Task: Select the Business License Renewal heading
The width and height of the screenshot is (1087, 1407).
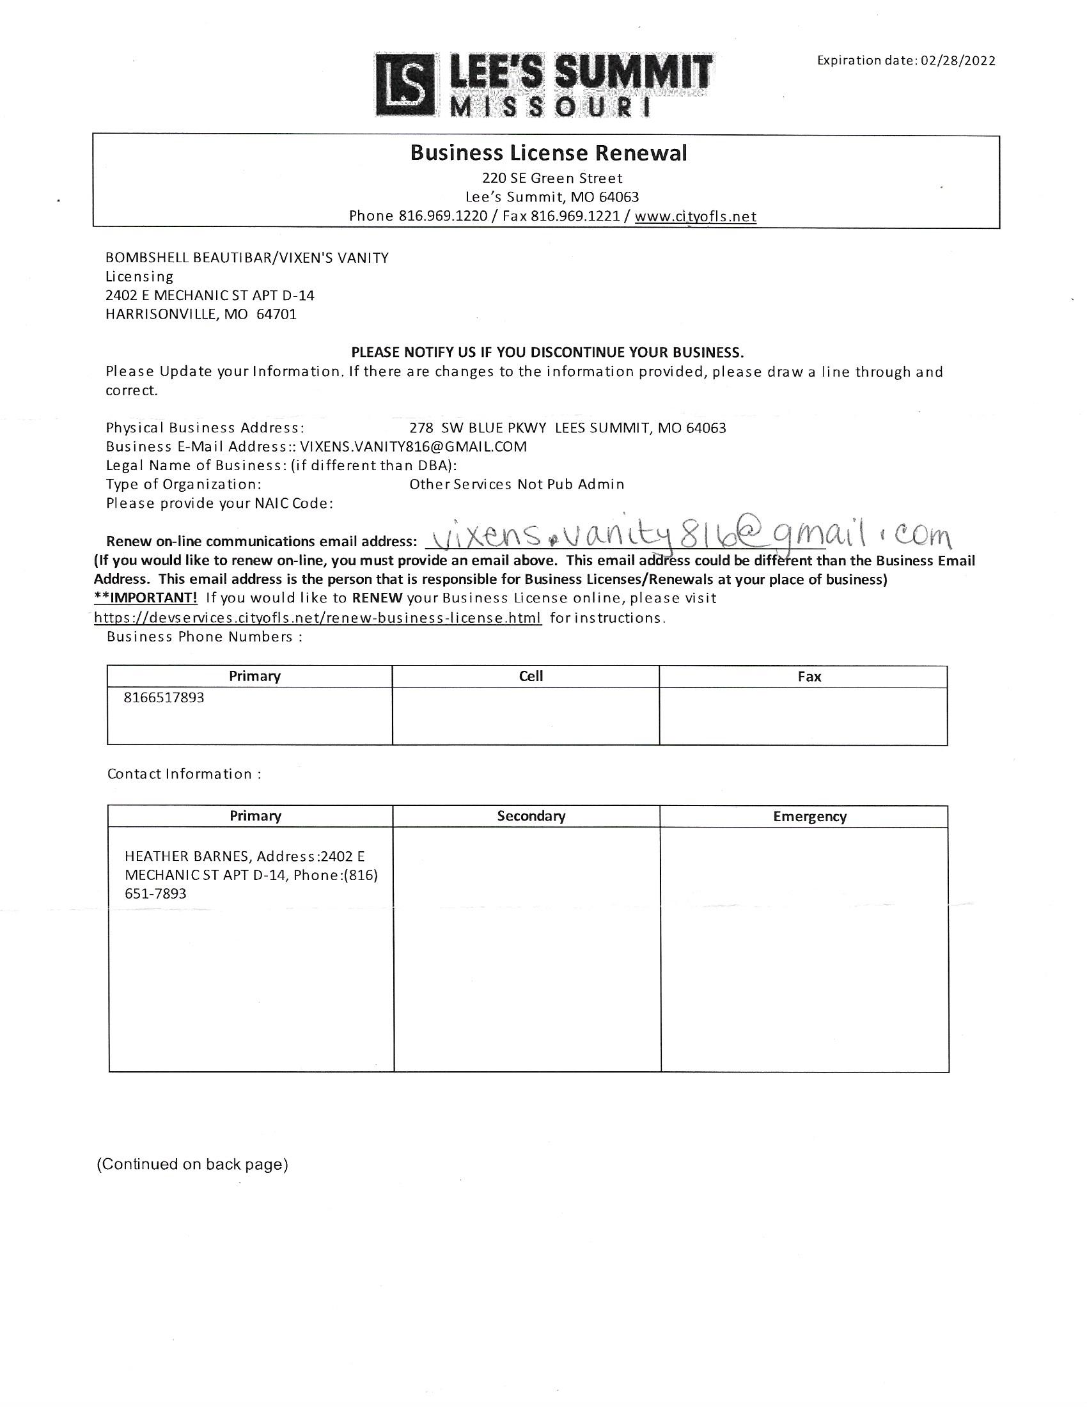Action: point(549,153)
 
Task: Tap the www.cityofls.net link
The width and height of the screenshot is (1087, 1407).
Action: point(696,216)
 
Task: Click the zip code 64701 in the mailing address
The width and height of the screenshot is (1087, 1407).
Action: point(276,315)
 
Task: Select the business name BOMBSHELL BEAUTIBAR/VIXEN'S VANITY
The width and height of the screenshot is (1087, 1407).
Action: point(247,258)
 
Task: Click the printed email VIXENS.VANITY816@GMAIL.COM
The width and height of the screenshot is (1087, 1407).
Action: point(414,446)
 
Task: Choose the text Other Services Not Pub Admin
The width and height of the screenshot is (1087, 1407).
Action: point(517,484)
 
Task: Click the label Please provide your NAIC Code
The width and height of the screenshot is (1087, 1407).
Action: point(219,503)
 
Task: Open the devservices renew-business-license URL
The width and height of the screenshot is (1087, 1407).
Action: point(318,618)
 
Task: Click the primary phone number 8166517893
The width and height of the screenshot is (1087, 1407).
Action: point(164,698)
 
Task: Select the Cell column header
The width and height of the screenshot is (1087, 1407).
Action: point(531,676)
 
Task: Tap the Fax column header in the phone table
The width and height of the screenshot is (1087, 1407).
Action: point(809,677)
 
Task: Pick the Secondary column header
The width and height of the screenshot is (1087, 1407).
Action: point(531,815)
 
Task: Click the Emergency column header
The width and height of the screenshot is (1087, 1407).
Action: point(809,816)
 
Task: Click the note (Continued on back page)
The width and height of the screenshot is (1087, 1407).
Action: point(192,1163)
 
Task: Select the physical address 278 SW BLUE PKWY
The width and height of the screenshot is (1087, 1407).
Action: point(478,428)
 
